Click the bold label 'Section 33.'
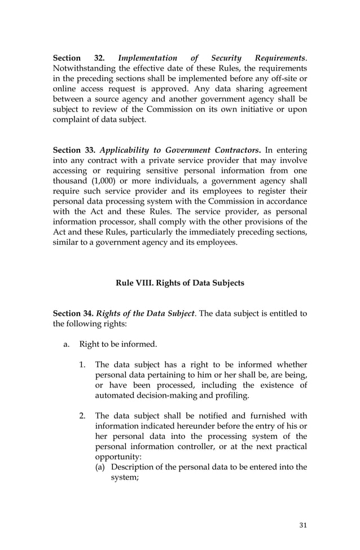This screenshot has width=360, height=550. (x=73, y=151)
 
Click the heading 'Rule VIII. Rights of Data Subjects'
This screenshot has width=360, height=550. (x=180, y=283)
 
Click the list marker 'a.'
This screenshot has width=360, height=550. (x=66, y=344)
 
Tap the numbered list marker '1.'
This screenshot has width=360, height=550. (x=82, y=365)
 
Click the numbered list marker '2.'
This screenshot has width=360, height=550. (x=82, y=416)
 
